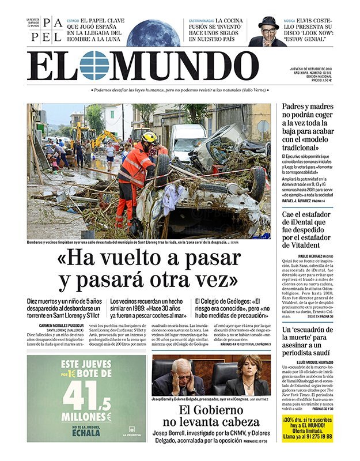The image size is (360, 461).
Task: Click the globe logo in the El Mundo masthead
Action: pos(94,65)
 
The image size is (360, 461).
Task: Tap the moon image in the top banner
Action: pos(153,33)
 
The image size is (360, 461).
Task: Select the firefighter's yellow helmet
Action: pos(149,137)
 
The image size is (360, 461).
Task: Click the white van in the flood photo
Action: pos(188,141)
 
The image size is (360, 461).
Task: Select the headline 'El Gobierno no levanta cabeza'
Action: pos(211,416)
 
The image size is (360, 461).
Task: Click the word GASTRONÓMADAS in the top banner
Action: pos(202,21)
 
